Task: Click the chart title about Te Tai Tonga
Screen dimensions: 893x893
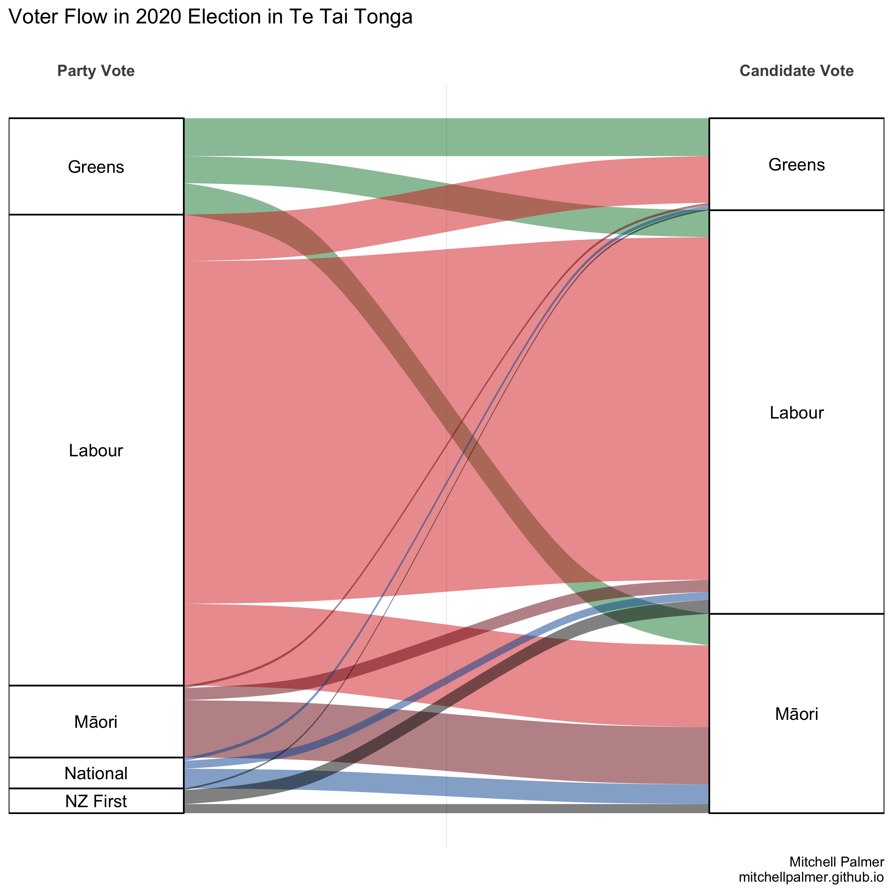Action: point(210,17)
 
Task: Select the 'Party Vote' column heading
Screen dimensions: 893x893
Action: point(96,71)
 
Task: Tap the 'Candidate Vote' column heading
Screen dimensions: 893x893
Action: point(796,71)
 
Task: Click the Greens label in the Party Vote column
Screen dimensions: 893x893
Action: point(96,167)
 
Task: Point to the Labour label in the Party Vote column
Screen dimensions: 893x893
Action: point(96,450)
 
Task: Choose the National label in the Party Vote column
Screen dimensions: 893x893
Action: point(96,773)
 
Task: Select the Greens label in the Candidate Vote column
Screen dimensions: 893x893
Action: point(796,164)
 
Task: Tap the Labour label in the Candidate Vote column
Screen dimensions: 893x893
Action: point(796,412)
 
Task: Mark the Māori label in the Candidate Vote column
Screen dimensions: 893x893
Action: point(796,714)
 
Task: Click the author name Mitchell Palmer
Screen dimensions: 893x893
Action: point(837,862)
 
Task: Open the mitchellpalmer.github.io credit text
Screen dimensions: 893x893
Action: point(811,877)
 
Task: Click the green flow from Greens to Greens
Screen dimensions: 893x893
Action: point(446,137)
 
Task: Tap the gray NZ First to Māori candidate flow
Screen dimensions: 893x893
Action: point(446,808)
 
